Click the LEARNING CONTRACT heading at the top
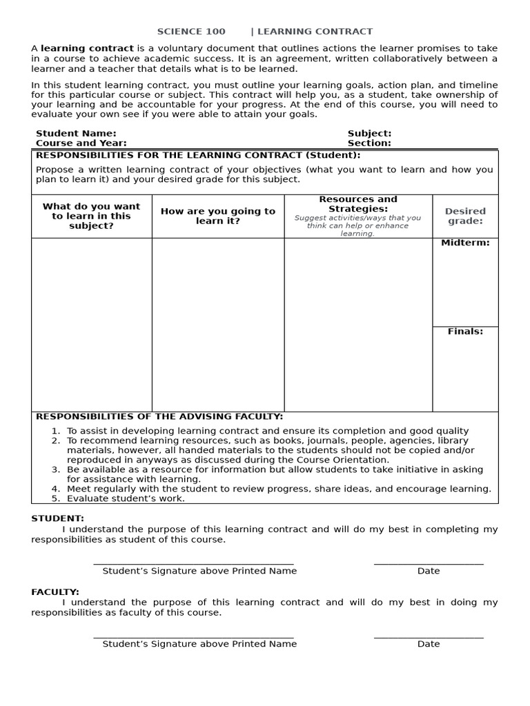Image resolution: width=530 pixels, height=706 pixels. pyautogui.click(x=315, y=32)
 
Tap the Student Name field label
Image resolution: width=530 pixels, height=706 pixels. pyautogui.click(x=76, y=133)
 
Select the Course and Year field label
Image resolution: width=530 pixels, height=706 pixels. pyautogui.click(x=81, y=143)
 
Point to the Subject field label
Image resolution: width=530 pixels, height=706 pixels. pyautogui.click(x=369, y=133)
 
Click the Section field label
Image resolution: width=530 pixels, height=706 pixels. pyautogui.click(x=369, y=143)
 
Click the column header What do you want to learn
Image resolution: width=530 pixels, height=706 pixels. pyautogui.click(x=91, y=216)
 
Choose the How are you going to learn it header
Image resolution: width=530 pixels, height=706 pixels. pyautogui.click(x=217, y=216)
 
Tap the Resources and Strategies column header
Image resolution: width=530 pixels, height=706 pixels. pyautogui.click(x=358, y=204)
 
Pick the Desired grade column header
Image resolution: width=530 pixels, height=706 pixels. pyautogui.click(x=465, y=216)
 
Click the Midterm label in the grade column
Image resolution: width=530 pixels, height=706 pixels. pyautogui.click(x=465, y=243)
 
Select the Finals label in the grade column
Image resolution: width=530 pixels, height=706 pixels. pyautogui.click(x=465, y=332)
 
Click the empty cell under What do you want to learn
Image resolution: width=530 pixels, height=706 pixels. pyautogui.click(x=91, y=324)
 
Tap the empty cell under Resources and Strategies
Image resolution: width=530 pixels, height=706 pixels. pyautogui.click(x=358, y=324)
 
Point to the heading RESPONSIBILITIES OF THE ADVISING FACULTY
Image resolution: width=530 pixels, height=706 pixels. pyautogui.click(x=159, y=416)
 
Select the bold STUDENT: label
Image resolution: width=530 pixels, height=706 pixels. pyautogui.click(x=57, y=518)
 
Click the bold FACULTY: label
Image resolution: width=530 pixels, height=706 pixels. pyautogui.click(x=55, y=592)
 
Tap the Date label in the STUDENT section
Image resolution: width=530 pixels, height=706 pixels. pyautogui.click(x=428, y=571)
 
